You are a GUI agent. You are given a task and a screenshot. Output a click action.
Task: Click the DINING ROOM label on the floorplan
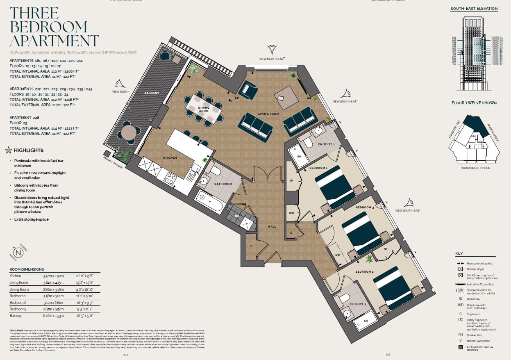pos(204,109)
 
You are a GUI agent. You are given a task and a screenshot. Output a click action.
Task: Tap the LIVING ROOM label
pos(268,114)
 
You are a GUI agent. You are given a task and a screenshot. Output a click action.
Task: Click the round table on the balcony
pos(128,132)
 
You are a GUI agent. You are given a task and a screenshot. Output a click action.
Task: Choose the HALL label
pos(272,226)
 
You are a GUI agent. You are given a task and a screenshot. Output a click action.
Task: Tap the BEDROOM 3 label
pos(364,207)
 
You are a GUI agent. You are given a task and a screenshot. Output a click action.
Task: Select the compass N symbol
pos(18,253)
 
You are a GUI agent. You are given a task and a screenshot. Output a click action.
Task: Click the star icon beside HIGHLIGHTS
pos(8,150)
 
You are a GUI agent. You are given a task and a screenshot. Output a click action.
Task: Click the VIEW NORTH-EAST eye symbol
pos(272,50)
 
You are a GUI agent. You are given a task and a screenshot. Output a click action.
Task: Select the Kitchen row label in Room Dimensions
pos(15,276)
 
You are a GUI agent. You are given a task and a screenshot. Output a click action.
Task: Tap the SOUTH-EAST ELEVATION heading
pos(474,9)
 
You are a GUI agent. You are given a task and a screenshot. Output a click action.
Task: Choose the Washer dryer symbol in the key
pos(461,269)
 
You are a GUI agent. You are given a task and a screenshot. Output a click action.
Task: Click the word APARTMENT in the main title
pos(54,41)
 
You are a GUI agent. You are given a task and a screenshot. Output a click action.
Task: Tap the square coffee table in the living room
pos(286,96)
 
